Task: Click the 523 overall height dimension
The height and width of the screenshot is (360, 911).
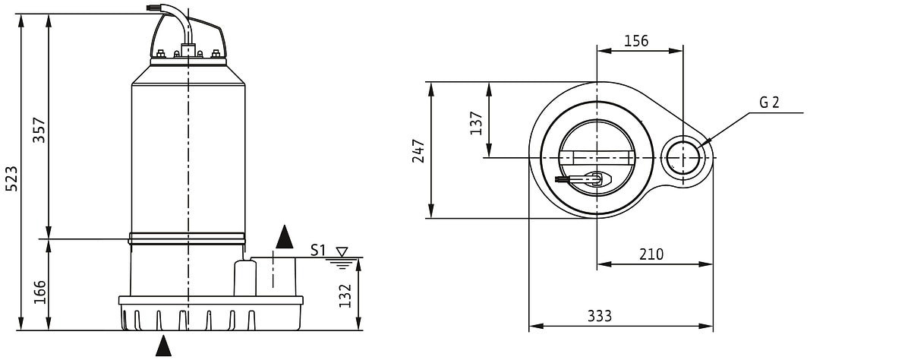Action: pyautogui.click(x=12, y=178)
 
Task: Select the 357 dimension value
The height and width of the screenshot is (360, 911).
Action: pyautogui.click(x=39, y=130)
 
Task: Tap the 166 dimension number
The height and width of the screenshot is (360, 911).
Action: pyautogui.click(x=39, y=292)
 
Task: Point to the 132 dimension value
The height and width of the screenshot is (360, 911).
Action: pyautogui.click(x=345, y=295)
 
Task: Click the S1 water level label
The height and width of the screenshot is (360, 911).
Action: pyautogui.click(x=318, y=250)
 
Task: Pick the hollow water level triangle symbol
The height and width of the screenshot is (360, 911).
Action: pyautogui.click(x=342, y=252)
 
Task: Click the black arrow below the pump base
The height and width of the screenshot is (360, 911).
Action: pyautogui.click(x=163, y=346)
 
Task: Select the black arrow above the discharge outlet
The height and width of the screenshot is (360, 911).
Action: pyautogui.click(x=284, y=237)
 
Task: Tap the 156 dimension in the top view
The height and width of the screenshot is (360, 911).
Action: pyautogui.click(x=636, y=41)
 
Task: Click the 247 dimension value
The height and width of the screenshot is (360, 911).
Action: pyautogui.click(x=418, y=151)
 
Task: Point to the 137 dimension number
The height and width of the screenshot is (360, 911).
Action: pyautogui.click(x=476, y=123)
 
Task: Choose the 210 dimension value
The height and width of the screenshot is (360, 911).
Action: pyautogui.click(x=651, y=254)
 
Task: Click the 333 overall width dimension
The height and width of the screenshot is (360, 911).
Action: pyautogui.click(x=600, y=316)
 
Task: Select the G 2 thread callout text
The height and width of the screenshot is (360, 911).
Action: pyautogui.click(x=769, y=102)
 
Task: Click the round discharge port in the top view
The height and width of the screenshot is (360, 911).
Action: pyautogui.click(x=683, y=158)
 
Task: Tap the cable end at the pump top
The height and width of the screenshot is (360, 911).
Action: pyautogui.click(x=153, y=8)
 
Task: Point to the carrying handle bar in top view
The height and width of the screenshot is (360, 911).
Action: pyautogui.click(x=596, y=158)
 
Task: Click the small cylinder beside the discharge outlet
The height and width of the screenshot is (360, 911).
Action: pyautogui.click(x=244, y=278)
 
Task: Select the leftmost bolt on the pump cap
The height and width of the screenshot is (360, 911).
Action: pyautogui.click(x=161, y=53)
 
